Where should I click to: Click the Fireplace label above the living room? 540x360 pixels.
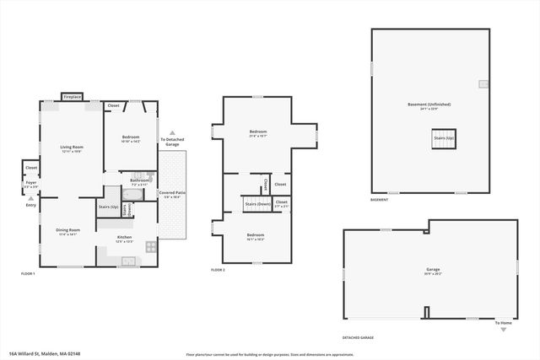pyautogui.click(x=72, y=97)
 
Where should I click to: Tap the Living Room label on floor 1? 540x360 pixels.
pyautogui.click(x=71, y=148)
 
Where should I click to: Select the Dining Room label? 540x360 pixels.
pyautogui.click(x=68, y=229)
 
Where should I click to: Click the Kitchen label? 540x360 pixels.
pyautogui.click(x=124, y=238)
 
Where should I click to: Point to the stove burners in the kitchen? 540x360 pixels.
pyautogui.click(x=150, y=247)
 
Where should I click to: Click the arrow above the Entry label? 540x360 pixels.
pyautogui.click(x=31, y=198)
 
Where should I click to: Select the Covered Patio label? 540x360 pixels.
pyautogui.click(x=172, y=193)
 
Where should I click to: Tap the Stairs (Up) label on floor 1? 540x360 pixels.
pyautogui.click(x=108, y=206)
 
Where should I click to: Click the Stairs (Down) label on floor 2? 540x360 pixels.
pyautogui.click(x=256, y=204)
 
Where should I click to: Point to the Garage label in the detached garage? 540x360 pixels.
pyautogui.click(x=432, y=271)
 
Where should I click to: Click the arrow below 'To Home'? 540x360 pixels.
pyautogui.click(x=503, y=330)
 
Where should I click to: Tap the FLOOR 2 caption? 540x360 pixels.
pyautogui.click(x=217, y=270)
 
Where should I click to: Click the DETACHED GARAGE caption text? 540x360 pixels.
pyautogui.click(x=358, y=336)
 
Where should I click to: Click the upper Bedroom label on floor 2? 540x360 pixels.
pyautogui.click(x=257, y=132)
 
